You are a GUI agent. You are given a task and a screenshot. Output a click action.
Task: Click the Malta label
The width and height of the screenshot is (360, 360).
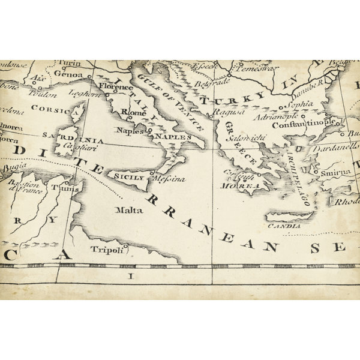pyautogui.click(x=130, y=210)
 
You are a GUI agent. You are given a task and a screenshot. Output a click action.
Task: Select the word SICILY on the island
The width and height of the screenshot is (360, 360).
pyautogui.click(x=129, y=178)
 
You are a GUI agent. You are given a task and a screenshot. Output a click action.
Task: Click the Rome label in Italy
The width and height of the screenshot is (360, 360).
pyautogui.click(x=134, y=112)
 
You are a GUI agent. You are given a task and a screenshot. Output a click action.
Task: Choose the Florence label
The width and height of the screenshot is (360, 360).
pyautogui.click(x=116, y=87)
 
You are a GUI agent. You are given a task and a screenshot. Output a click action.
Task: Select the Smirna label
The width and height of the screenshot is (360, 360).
pyautogui.click(x=335, y=172)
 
